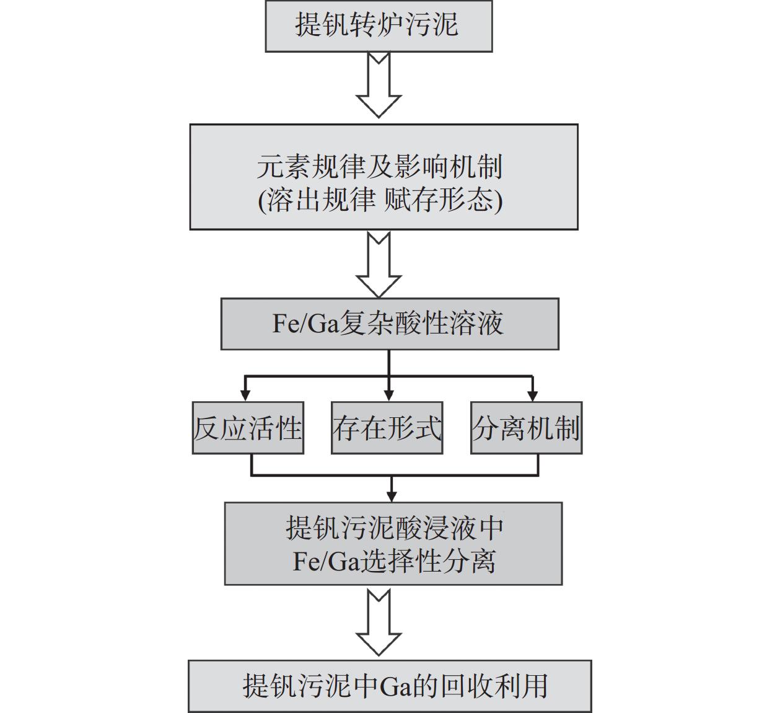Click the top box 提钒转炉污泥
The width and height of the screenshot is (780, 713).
tap(379, 25)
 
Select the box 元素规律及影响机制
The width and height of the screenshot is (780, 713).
tap(383, 177)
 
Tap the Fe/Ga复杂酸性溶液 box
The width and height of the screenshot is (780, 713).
tap(390, 324)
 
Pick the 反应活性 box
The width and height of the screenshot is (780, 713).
tap(248, 428)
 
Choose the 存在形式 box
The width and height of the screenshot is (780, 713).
tap(387, 428)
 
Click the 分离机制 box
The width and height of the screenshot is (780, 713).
tap(527, 428)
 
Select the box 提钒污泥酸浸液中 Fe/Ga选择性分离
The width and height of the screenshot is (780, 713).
tap(393, 544)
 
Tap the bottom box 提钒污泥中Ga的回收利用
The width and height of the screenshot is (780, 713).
tap(390, 686)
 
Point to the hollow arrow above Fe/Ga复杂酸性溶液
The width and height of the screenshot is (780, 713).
tap(379, 265)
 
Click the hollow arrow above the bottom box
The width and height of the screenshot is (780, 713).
tap(379, 622)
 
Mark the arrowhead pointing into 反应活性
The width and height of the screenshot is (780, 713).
tap(245, 394)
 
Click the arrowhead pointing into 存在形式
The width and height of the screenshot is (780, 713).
tap(389, 394)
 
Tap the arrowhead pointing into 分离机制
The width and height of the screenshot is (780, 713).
tap(533, 394)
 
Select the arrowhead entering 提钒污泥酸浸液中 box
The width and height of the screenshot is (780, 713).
tap(392, 495)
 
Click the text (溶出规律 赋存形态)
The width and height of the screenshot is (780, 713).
tap(380, 200)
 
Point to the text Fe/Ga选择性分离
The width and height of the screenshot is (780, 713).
tap(394, 562)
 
